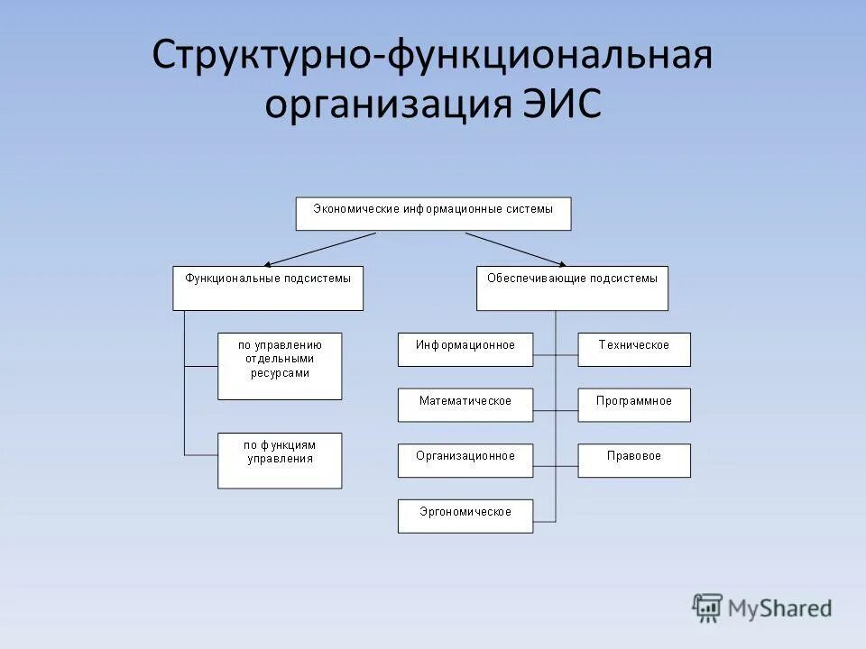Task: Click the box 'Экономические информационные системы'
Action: click(x=433, y=214)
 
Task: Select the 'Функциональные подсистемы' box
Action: click(x=268, y=288)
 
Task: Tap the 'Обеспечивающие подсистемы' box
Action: click(x=572, y=288)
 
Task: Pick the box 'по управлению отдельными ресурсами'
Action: click(x=280, y=366)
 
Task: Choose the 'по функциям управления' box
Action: click(x=280, y=461)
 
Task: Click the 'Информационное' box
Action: click(x=465, y=350)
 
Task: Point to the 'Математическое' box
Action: click(x=465, y=405)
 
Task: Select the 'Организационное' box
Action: click(x=465, y=461)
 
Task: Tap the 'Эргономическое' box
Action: click(x=465, y=516)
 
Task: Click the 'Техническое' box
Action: click(x=634, y=350)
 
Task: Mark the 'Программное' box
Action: click(x=634, y=405)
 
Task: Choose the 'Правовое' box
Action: click(x=634, y=461)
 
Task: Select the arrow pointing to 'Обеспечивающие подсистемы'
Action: click(x=515, y=248)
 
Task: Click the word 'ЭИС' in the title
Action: click(x=561, y=103)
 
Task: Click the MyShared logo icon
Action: click(x=708, y=608)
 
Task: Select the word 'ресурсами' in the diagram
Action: click(x=280, y=373)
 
